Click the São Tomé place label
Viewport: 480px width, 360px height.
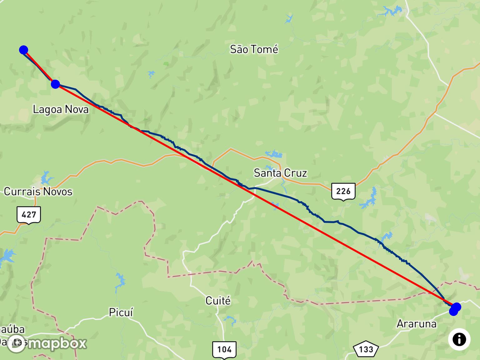point(254,49)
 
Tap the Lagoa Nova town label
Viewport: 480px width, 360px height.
point(61,109)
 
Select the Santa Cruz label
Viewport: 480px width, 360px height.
point(280,173)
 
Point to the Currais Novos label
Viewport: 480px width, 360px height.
point(38,191)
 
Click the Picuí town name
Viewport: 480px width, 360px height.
point(121,312)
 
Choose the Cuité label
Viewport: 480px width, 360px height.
point(218,301)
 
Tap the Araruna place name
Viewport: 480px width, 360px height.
point(416,324)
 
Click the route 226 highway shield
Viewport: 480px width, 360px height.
point(343,191)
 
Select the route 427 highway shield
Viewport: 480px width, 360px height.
point(29,215)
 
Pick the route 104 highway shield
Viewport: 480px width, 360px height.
point(224,349)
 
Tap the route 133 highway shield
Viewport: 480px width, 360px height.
point(366,349)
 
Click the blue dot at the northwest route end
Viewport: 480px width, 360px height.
point(23,50)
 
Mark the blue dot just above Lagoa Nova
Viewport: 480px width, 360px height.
point(55,84)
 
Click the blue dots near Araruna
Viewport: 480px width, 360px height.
point(455,309)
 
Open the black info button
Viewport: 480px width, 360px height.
point(459,339)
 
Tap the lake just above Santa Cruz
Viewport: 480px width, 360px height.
point(274,154)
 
